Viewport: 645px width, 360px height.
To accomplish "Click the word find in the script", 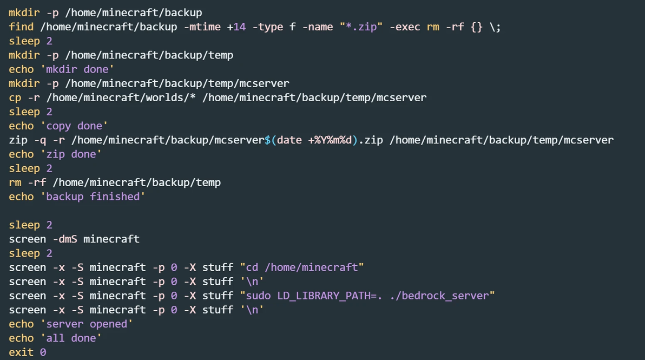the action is [21, 27].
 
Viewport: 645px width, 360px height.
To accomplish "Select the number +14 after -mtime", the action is [236, 27].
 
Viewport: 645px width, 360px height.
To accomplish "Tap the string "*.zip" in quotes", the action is [361, 27].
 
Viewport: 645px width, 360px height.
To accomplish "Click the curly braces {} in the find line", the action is [476, 27].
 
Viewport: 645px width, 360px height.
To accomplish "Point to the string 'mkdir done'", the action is [77, 69].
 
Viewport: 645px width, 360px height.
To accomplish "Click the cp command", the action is [15, 98].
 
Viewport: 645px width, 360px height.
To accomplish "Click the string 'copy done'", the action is [74, 126].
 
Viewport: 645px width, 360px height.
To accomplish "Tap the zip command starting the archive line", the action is [18, 140].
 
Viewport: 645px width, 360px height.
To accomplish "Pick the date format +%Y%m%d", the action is [330, 140].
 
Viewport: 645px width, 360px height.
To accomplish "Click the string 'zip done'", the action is [71, 154].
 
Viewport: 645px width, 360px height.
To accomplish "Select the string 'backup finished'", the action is [93, 197].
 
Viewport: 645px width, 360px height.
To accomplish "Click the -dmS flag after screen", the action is [65, 239].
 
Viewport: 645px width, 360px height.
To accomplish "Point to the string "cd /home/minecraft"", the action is [302, 267].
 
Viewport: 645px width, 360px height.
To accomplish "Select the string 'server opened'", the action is [87, 324].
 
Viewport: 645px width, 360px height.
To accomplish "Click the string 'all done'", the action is [71, 338].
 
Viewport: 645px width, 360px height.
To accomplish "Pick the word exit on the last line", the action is [21, 352].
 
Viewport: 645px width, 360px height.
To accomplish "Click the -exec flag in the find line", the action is [405, 27].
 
